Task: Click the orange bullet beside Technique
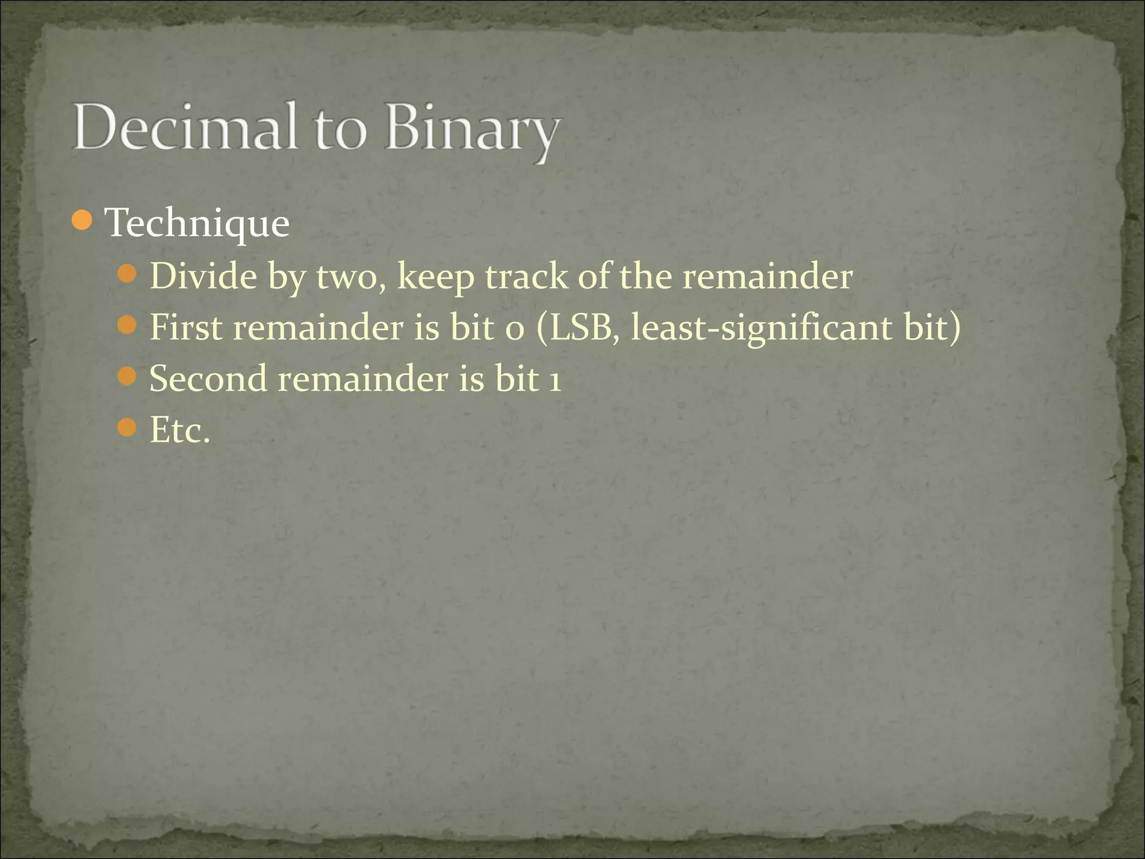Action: point(82,220)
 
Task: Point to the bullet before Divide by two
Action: point(127,274)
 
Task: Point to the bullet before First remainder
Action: point(127,325)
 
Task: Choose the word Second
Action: point(208,379)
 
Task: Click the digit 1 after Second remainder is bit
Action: point(554,380)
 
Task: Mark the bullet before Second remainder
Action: point(127,376)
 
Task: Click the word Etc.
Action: point(179,430)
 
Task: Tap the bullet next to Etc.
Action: point(127,428)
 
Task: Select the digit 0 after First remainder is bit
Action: point(514,329)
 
